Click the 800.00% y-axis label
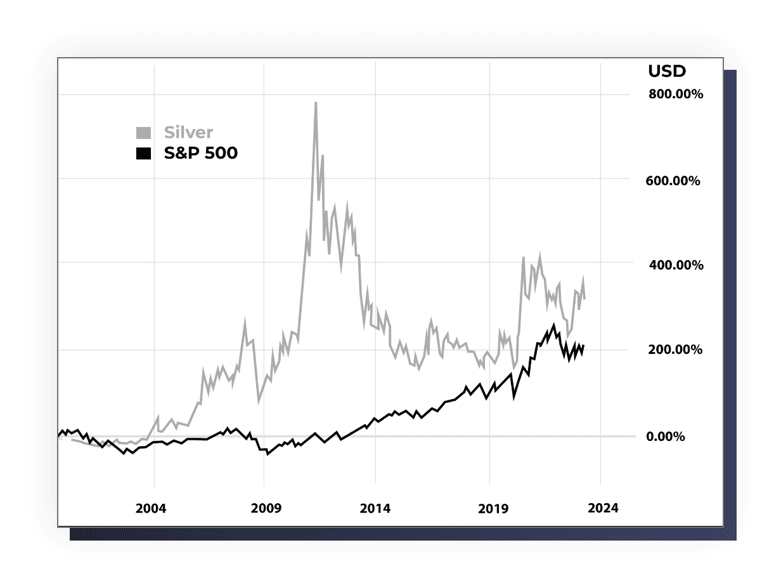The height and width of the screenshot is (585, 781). point(675,95)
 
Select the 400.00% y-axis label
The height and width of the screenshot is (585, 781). point(675,265)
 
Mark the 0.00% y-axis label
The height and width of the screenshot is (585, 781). point(665,437)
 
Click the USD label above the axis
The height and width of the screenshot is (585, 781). point(666,72)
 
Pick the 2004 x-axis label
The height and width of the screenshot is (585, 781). point(151,508)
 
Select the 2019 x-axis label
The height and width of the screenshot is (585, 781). point(493,508)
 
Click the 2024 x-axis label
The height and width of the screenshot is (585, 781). point(603,508)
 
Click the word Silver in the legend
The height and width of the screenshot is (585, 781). point(188,133)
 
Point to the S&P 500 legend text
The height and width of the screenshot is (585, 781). point(200,153)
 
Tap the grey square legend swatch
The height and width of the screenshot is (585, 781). point(144,133)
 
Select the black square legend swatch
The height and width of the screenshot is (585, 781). point(144,153)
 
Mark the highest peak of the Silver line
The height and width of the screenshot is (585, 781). point(316,103)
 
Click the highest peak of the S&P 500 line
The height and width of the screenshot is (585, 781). point(553,325)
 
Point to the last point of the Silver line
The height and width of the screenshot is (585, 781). point(584,299)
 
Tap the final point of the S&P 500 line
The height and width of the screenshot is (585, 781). point(583,345)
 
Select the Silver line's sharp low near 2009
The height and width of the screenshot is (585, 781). point(259,402)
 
